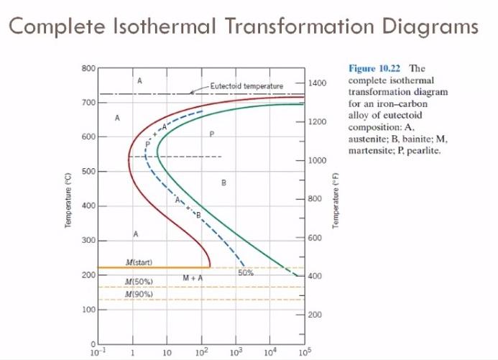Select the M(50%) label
click(137, 282)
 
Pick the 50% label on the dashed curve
click(244, 272)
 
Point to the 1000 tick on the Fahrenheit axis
click(318, 160)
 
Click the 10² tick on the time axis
click(202, 352)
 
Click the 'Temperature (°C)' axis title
click(67, 201)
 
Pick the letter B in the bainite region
click(224, 183)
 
